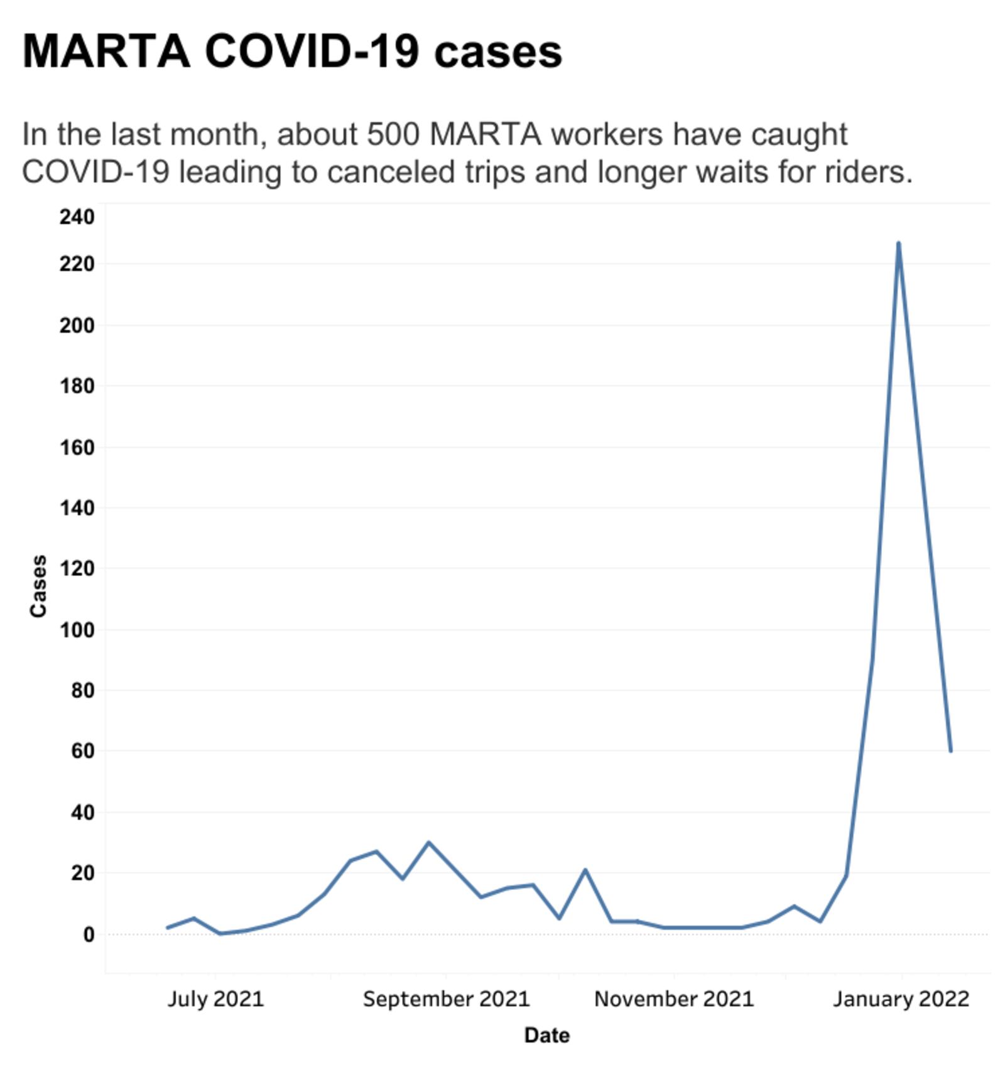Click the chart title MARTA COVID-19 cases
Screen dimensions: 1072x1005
(292, 51)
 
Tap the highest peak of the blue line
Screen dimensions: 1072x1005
(898, 244)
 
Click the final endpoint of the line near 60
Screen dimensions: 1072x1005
(950, 750)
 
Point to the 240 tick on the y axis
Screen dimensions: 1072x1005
(77, 217)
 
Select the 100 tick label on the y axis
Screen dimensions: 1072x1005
(77, 630)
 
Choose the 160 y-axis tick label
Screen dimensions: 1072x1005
(77, 448)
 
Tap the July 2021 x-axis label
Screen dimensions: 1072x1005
(215, 999)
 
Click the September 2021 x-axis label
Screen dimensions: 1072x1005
(446, 999)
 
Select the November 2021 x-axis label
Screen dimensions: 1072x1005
(674, 999)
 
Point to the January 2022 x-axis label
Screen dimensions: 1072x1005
(901, 999)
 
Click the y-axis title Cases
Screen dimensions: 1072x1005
(38, 586)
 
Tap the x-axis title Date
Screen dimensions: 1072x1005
(546, 1035)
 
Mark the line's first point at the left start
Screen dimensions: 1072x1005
(168, 928)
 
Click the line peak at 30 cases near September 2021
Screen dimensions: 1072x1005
(428, 842)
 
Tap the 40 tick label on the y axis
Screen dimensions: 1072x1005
(82, 813)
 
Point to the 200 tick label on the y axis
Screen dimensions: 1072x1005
(77, 326)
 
